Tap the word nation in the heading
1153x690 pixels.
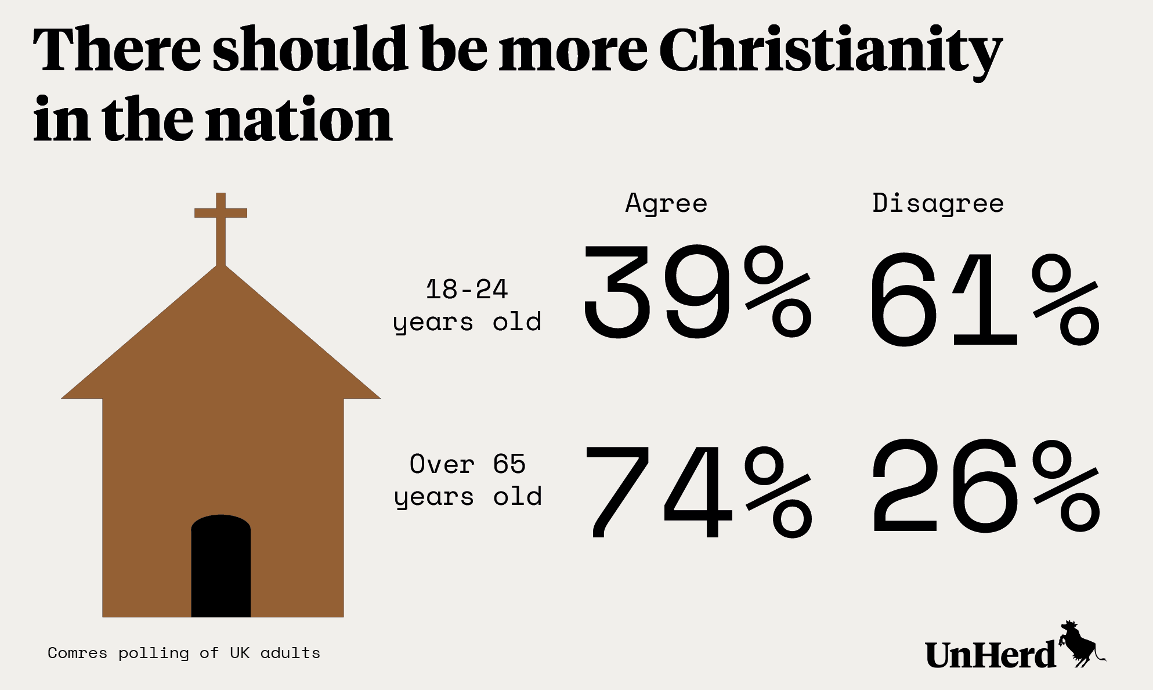click(x=299, y=120)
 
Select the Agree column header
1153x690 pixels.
click(x=666, y=204)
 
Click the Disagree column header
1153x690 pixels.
click(x=938, y=204)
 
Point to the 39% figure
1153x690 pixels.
click(x=696, y=292)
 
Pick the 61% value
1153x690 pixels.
click(x=984, y=299)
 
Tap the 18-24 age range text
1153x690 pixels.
click(x=467, y=289)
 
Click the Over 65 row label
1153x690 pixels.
click(x=467, y=464)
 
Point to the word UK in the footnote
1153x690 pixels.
click(x=239, y=653)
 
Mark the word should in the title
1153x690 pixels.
click(x=308, y=49)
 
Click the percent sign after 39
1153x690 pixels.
click(x=778, y=292)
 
